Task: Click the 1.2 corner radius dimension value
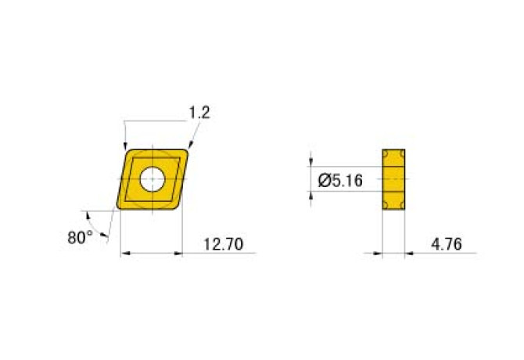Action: coord(200,113)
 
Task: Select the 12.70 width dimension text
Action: coord(219,244)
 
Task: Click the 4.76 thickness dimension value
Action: coord(446,244)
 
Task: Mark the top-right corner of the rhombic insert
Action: coord(187,149)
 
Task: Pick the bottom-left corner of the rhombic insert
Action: coord(120,208)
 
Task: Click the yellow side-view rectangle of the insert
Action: coord(394,179)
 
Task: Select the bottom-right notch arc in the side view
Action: coord(403,207)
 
